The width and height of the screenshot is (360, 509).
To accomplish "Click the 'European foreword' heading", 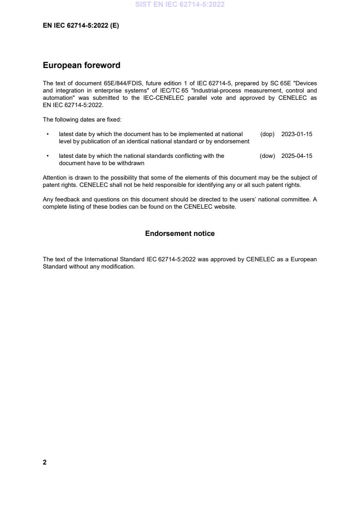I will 81,65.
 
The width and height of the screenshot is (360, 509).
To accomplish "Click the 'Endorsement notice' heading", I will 180,234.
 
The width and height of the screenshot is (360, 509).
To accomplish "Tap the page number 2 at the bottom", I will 44,462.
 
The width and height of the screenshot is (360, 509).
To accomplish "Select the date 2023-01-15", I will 296,134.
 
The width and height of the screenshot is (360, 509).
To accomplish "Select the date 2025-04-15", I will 296,156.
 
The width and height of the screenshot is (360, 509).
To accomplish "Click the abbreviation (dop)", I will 267,134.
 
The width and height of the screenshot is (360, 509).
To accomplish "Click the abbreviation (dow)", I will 267,156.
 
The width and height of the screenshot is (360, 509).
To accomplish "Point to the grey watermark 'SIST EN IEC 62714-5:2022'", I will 180,5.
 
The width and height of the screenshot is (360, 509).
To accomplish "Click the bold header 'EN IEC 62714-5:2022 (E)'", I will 81,26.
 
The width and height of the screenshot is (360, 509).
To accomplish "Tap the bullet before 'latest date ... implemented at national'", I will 48,134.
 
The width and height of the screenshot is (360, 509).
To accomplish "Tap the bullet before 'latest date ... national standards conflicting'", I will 48,156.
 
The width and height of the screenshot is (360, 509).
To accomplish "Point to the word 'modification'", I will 118,267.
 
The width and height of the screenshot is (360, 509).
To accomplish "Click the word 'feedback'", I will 66,200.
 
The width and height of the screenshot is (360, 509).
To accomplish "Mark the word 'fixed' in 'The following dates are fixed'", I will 113,120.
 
